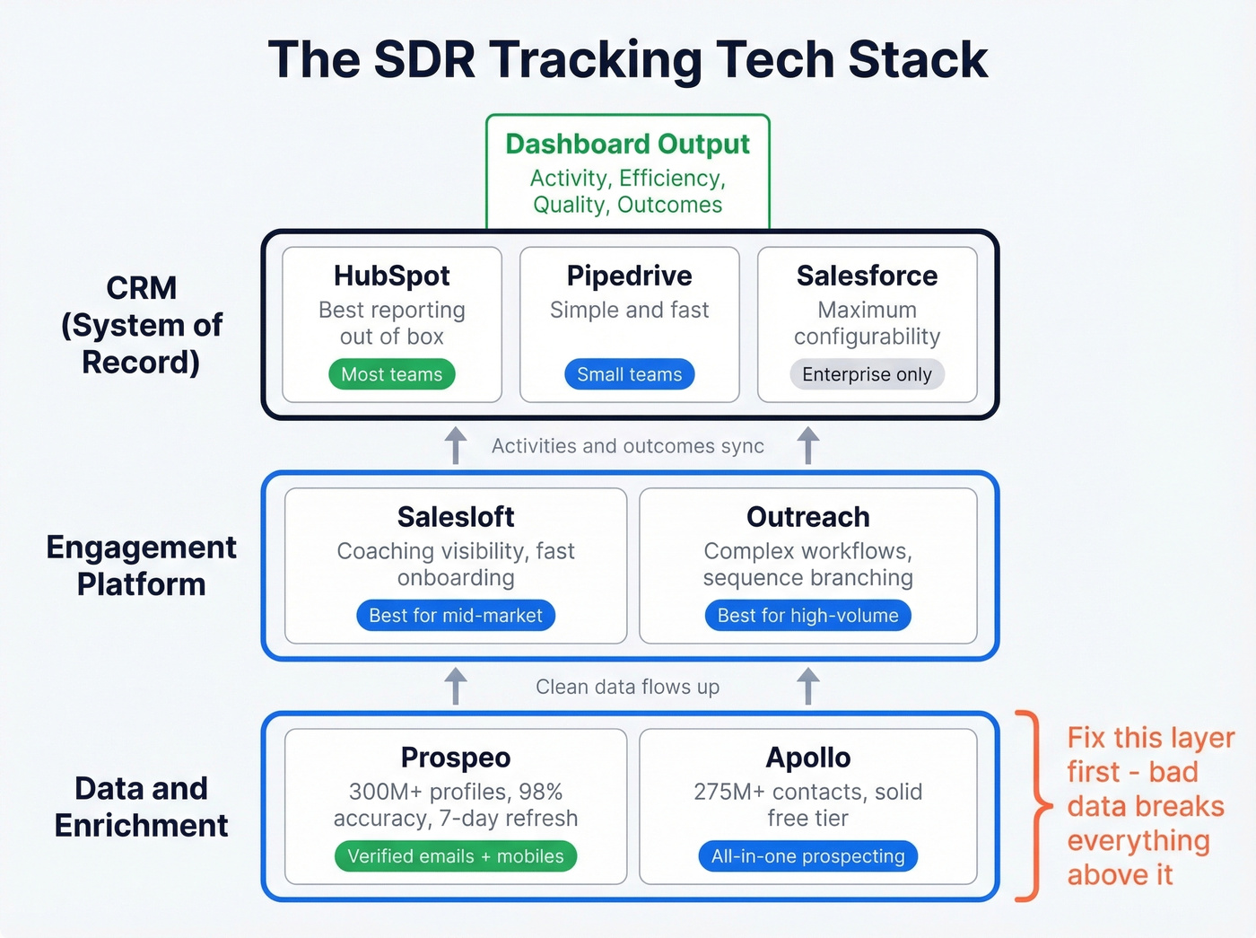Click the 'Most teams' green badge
(392, 374)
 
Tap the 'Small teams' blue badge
(629, 374)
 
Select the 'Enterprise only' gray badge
(867, 374)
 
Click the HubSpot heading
(392, 276)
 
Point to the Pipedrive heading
(629, 276)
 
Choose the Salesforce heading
(867, 276)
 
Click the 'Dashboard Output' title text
(627, 144)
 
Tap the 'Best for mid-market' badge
(456, 616)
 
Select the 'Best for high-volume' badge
(807, 616)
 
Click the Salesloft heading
(456, 517)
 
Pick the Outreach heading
(807, 517)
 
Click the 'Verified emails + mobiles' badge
(456, 856)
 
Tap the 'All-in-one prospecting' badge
(807, 856)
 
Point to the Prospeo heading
(456, 758)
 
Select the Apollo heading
(807, 758)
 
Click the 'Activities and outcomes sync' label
(627, 446)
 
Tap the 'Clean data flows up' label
(627, 687)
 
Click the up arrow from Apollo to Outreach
(807, 686)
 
